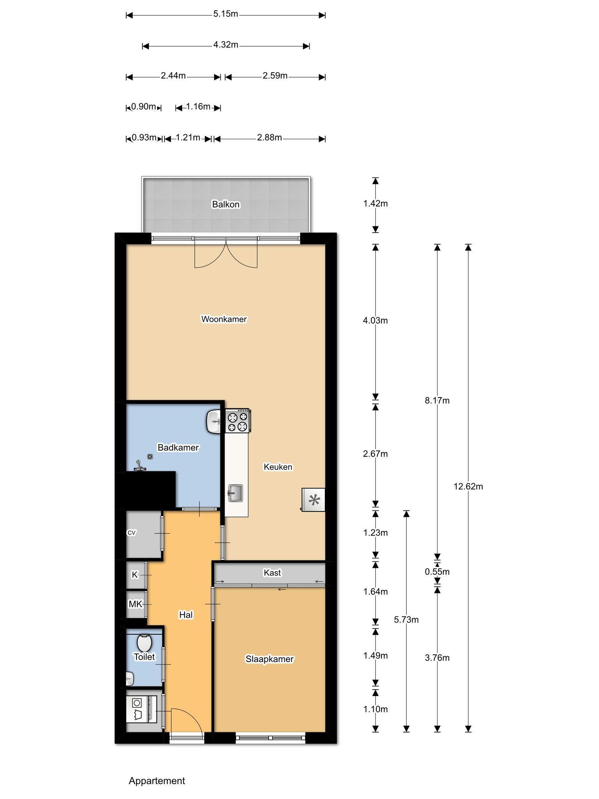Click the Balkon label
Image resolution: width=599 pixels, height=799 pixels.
click(x=226, y=204)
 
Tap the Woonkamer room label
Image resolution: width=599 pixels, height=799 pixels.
click(x=224, y=319)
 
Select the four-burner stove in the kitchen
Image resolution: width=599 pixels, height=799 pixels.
click(x=238, y=421)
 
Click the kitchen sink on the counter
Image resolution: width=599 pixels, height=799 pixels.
click(x=236, y=493)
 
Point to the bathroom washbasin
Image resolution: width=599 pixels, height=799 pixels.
click(x=214, y=421)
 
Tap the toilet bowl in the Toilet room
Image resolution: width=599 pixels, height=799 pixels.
click(x=144, y=642)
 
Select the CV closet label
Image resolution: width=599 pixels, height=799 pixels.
click(x=131, y=533)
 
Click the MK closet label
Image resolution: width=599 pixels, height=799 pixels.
click(x=135, y=604)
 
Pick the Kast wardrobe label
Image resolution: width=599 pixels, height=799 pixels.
click(x=272, y=573)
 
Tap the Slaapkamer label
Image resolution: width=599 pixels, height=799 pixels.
click(x=269, y=659)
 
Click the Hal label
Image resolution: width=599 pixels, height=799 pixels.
click(x=186, y=615)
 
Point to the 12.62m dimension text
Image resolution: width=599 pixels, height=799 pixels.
click(x=468, y=487)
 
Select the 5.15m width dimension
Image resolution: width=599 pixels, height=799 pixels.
click(x=226, y=14)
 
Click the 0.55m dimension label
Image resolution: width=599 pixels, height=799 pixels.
click(x=437, y=572)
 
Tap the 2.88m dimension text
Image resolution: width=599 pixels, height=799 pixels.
click(x=269, y=137)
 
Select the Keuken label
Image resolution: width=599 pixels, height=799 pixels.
click(x=278, y=467)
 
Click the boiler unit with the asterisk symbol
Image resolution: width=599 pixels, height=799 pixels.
click(x=313, y=500)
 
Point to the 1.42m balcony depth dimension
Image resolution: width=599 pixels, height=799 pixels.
click(x=376, y=203)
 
